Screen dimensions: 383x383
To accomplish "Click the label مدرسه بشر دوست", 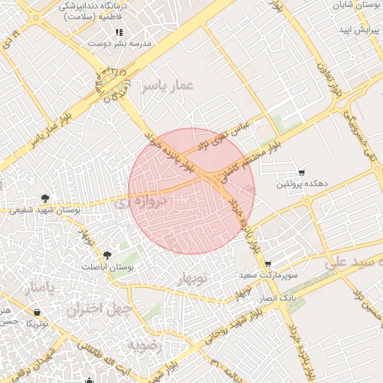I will (120, 43).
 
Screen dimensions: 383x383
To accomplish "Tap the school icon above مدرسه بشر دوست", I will (119, 33).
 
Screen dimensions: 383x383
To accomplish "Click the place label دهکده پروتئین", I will (302, 183).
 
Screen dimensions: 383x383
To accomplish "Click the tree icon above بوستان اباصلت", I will (107, 256).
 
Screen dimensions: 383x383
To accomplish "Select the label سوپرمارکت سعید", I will (269, 275).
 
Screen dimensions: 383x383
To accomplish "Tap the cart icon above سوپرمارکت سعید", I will (269, 264).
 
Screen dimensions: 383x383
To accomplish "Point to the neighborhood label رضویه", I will (144, 345).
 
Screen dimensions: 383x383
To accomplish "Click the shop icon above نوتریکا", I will (37, 313).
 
